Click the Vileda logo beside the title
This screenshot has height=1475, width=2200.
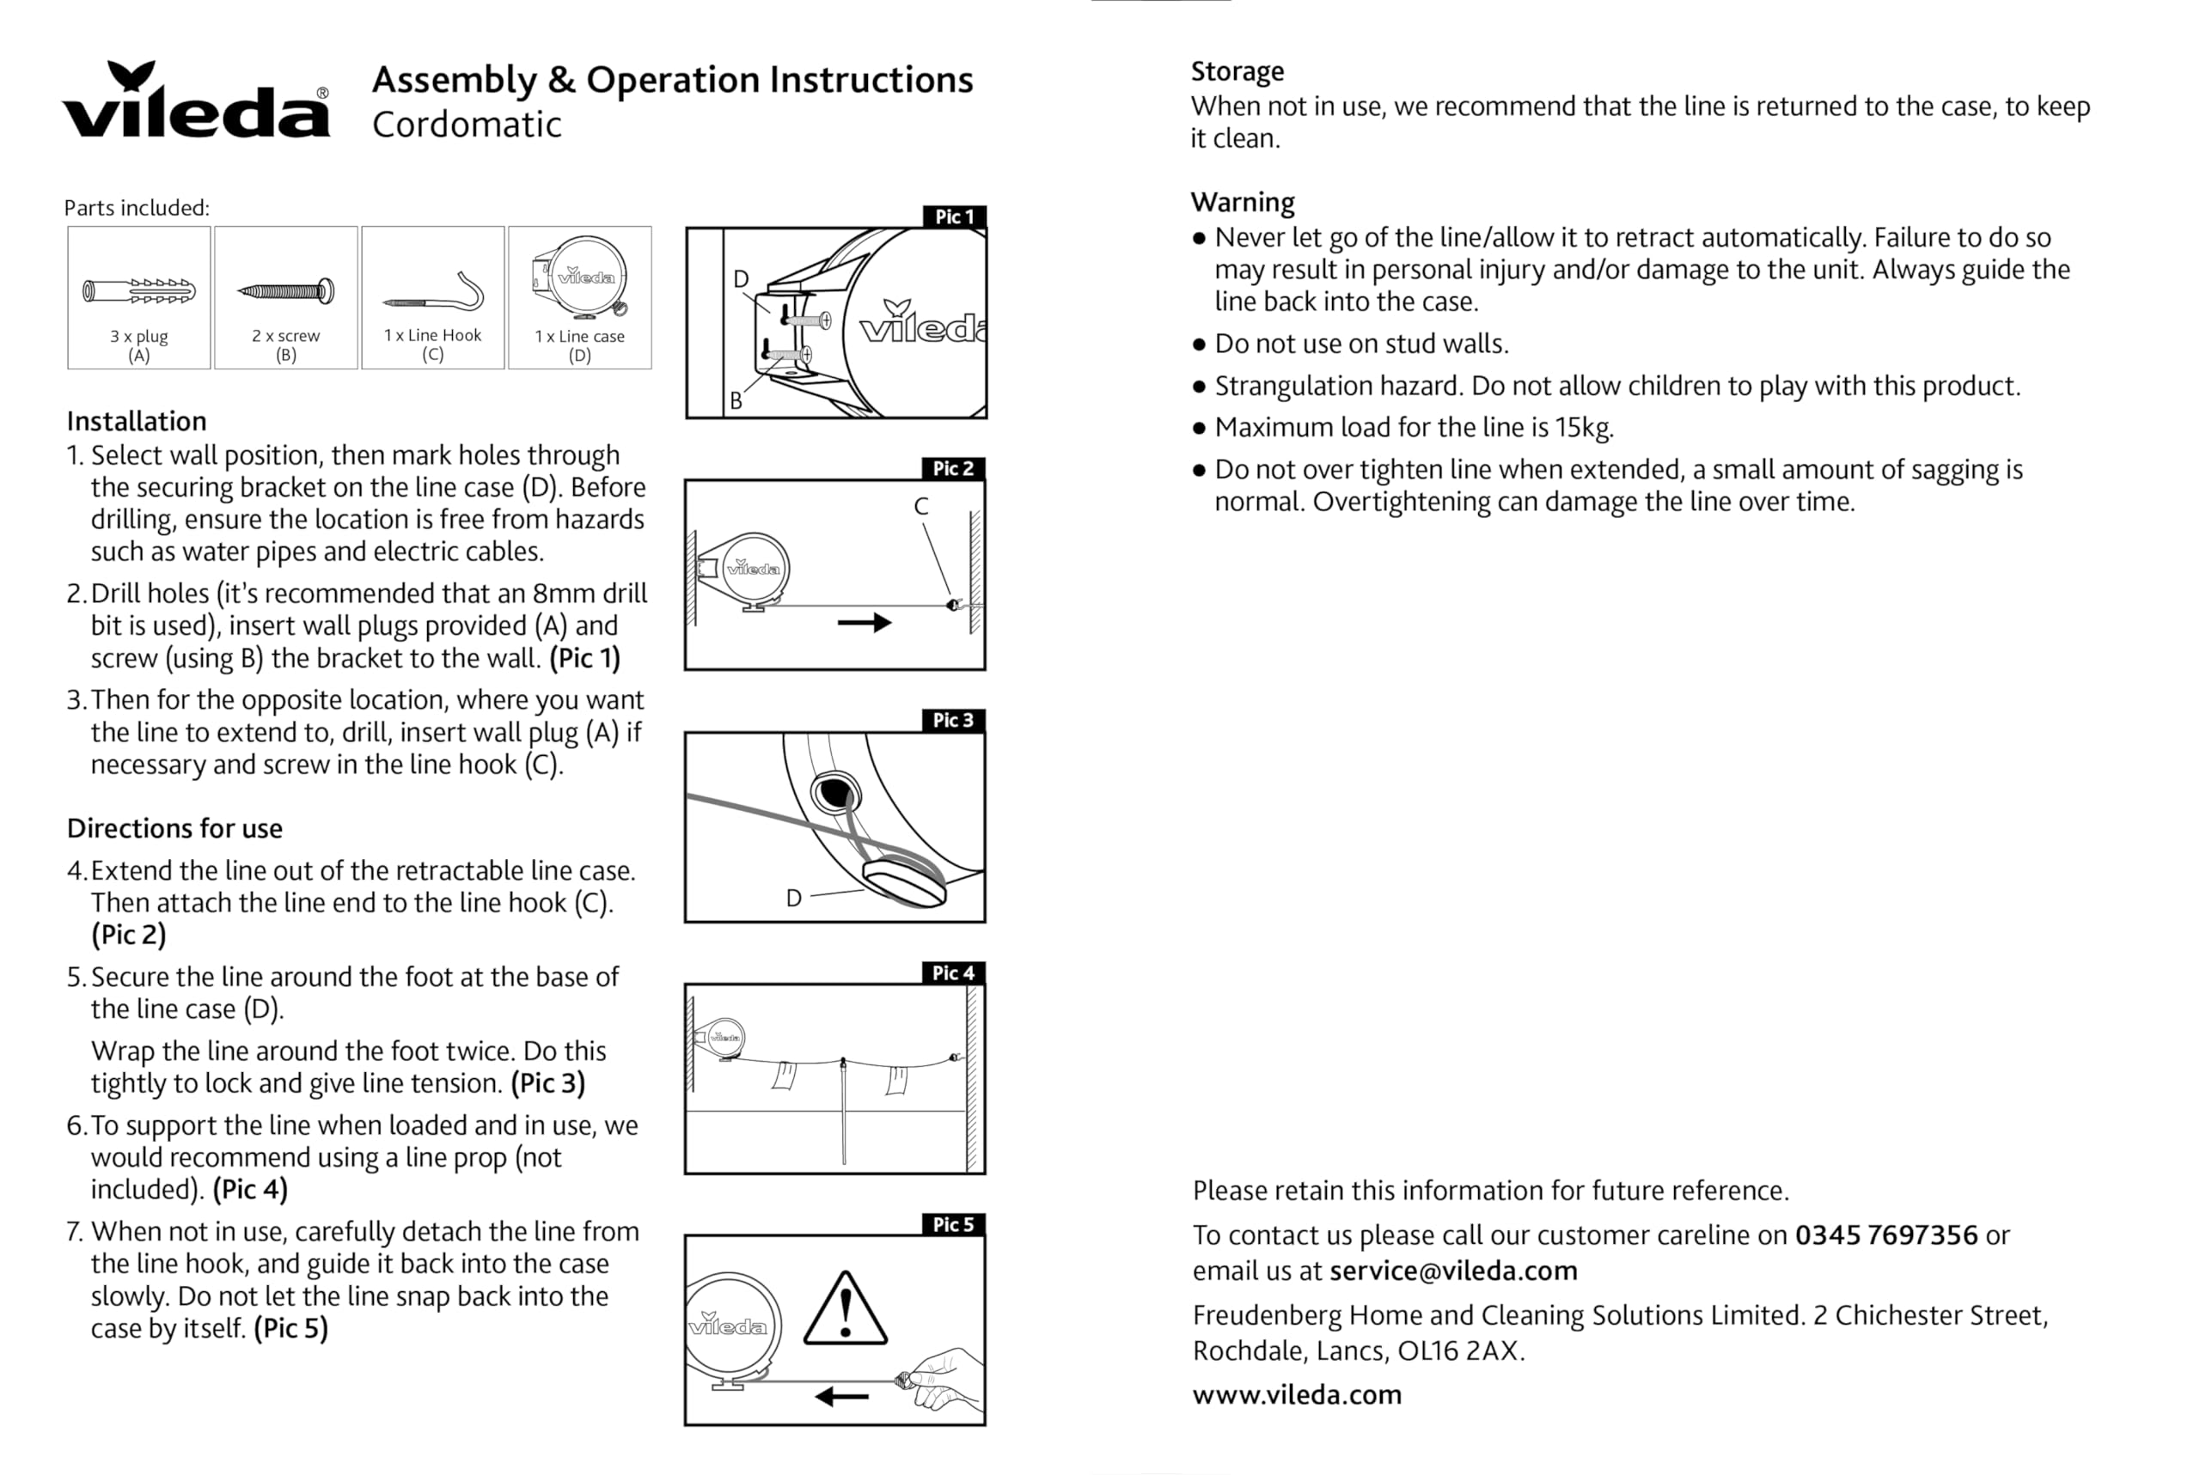[196, 101]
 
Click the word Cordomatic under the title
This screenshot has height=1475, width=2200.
[467, 125]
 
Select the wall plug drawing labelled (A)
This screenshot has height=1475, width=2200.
[139, 291]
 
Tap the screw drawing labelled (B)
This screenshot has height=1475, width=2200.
[286, 291]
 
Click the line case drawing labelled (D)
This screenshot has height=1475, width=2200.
[581, 279]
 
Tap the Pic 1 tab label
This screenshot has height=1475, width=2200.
[954, 217]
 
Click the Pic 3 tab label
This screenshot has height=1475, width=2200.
[953, 721]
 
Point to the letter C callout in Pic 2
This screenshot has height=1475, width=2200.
[921, 507]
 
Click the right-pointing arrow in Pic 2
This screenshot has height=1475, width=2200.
[864, 623]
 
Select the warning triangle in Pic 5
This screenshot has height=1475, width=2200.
[845, 1309]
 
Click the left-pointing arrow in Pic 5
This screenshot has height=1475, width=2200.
[841, 1397]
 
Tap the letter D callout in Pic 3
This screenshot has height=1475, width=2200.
[794, 899]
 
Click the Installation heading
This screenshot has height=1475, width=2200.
[137, 422]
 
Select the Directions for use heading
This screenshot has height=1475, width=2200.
[174, 829]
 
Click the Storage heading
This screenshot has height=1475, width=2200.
[1237, 71]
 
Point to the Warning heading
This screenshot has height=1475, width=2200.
[1242, 202]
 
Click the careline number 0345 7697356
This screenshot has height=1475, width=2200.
[1885, 1235]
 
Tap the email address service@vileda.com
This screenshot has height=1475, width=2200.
[1453, 1271]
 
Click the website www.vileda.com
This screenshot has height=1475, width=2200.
[1297, 1394]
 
